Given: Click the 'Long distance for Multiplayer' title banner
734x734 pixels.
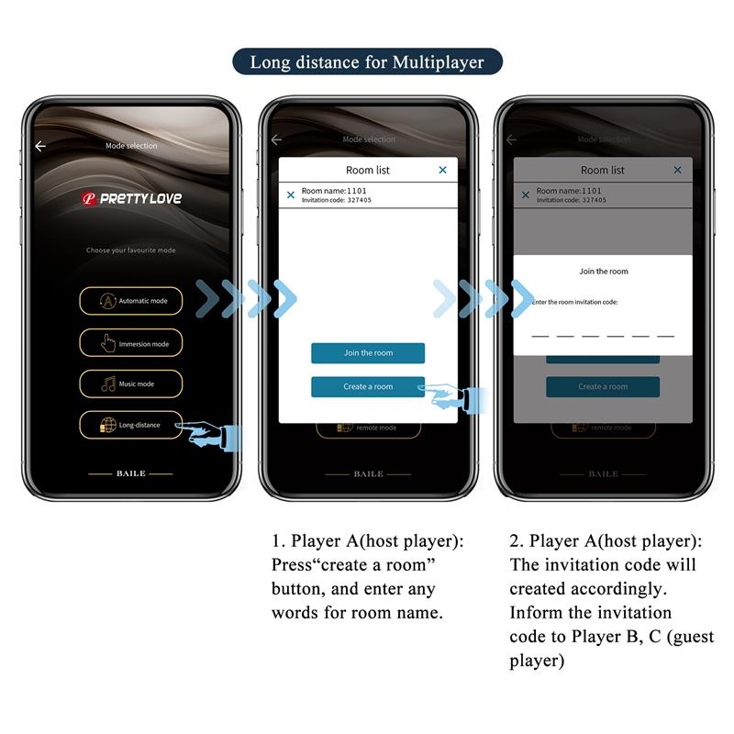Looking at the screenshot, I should (366, 62).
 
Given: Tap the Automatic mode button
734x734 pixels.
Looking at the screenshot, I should (130, 301).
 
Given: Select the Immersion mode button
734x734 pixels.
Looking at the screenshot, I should (130, 343).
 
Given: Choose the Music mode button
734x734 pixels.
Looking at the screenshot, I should (130, 384).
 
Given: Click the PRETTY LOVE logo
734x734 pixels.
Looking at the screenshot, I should (131, 198).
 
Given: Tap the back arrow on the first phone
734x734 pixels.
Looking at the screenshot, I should (40, 146).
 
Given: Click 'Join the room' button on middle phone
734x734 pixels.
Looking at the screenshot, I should (367, 353).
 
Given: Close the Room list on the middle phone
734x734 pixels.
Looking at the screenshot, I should (442, 170).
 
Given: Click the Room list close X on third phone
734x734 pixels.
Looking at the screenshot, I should (677, 170).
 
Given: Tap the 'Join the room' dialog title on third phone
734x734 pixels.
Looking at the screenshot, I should (603, 272).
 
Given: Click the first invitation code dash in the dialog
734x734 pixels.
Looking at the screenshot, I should (540, 336).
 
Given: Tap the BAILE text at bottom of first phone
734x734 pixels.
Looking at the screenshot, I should (130, 473).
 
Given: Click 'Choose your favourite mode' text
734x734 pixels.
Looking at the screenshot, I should (130, 250).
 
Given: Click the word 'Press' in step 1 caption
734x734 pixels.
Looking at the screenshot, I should (293, 565).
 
